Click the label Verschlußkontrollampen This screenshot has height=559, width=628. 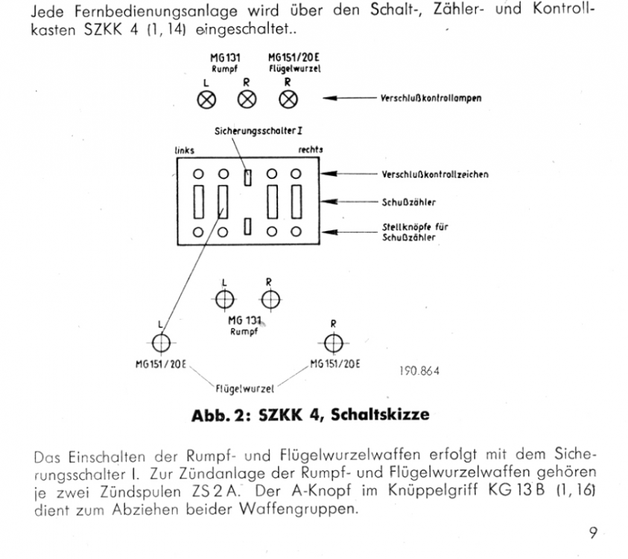(x=431, y=98)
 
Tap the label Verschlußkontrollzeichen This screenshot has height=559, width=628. (x=435, y=174)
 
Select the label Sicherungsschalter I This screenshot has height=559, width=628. (x=259, y=131)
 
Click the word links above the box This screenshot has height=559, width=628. (x=184, y=151)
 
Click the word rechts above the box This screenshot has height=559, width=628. (x=311, y=150)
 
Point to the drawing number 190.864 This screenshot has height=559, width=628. (x=419, y=370)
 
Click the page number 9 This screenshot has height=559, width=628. (x=593, y=533)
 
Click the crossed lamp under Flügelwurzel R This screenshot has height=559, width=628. (x=288, y=99)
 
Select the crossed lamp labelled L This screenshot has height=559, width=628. (x=206, y=100)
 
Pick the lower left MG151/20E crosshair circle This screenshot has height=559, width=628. (x=161, y=343)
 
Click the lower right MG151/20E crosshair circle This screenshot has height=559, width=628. (x=333, y=343)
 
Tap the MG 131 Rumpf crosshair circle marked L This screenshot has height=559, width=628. (x=224, y=300)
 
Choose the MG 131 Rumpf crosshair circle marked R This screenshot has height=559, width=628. (x=270, y=300)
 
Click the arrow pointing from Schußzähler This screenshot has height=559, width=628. (x=349, y=201)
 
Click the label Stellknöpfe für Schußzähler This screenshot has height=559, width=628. (x=415, y=232)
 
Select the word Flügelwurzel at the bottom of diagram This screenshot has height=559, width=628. (x=244, y=389)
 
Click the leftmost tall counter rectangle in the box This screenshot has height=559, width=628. (x=199, y=202)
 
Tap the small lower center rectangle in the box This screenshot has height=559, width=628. (x=247, y=227)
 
